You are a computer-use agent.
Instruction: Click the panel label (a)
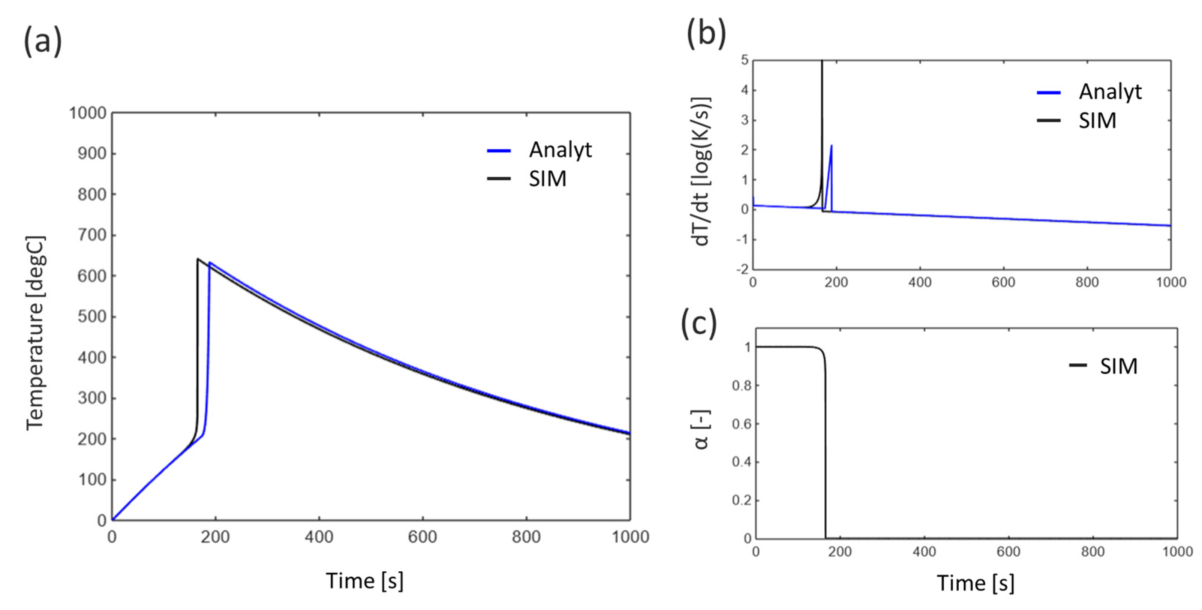pyautogui.click(x=42, y=42)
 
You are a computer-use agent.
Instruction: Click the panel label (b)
pyautogui.click(x=706, y=34)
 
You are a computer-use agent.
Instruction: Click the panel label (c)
pyautogui.click(x=698, y=324)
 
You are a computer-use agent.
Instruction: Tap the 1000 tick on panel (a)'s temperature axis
pyautogui.click(x=88, y=113)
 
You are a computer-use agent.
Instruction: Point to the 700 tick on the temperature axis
pyautogui.click(x=92, y=235)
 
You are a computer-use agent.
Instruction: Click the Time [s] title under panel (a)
pyautogui.click(x=364, y=581)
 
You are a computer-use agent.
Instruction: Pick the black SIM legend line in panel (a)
pyautogui.click(x=499, y=179)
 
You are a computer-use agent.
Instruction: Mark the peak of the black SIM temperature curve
pyautogui.click(x=198, y=259)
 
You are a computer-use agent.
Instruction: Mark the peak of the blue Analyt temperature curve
pyautogui.click(x=210, y=262)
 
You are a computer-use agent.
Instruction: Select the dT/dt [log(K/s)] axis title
pyautogui.click(x=701, y=171)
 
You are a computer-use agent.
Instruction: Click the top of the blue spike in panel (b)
pyautogui.click(x=832, y=145)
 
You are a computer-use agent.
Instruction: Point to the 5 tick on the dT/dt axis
pyautogui.click(x=744, y=60)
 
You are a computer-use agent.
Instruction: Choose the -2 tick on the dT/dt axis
pyautogui.click(x=742, y=269)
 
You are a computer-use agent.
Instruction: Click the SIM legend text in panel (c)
pyautogui.click(x=1118, y=366)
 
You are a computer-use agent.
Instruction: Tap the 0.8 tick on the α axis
pyautogui.click(x=742, y=386)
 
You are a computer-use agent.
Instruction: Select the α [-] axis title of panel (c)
pyautogui.click(x=701, y=429)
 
